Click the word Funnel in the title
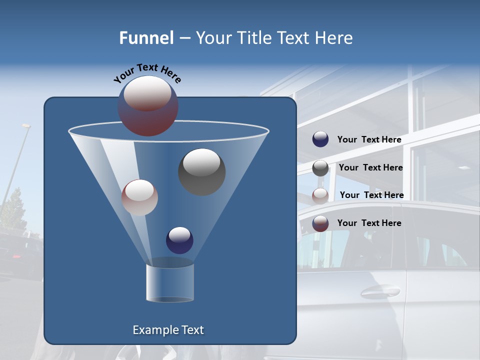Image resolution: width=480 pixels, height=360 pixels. [146, 38]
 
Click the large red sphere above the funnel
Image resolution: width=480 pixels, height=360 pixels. [148, 106]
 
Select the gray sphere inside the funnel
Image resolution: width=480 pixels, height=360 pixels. [201, 172]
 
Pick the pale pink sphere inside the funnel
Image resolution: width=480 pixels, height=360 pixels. [139, 197]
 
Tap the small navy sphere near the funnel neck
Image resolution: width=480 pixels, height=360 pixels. [179, 240]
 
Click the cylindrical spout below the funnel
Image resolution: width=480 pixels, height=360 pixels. [170, 282]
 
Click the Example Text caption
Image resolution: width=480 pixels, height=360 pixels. [168, 330]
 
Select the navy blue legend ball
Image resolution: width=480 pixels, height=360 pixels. [320, 139]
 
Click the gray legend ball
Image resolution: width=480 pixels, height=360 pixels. [320, 168]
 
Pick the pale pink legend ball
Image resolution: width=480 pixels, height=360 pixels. [320, 195]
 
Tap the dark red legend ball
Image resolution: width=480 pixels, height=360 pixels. [320, 223]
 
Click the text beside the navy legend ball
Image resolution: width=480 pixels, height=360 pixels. [369, 140]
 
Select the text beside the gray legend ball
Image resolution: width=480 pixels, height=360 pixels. [370, 168]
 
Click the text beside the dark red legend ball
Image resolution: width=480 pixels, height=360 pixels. [369, 223]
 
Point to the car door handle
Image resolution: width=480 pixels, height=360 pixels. [380, 291]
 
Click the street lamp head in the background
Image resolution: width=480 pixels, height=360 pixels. [26, 126]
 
